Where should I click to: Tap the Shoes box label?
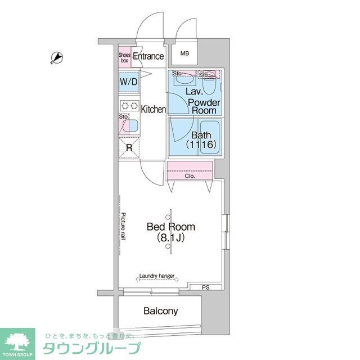coord(124,57)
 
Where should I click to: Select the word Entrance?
coord(148,56)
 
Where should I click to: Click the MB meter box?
coord(184,54)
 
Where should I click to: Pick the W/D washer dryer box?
coord(128,82)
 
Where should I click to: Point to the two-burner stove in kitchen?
coord(128,105)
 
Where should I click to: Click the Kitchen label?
coord(153,109)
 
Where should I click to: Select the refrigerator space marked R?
coord(128,148)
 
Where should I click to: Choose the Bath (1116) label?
coord(201,139)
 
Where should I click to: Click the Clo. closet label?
coord(190,176)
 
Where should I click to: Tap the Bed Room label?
coord(171,227)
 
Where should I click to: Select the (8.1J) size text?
coord(171,238)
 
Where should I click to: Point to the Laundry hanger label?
coord(156,276)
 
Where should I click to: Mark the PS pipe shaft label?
coord(205,288)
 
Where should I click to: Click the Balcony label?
coord(160,310)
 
